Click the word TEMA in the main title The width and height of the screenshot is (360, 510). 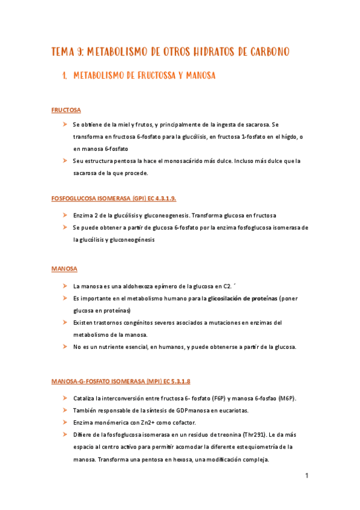(x=63, y=52)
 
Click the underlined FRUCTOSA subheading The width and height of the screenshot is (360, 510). (x=66, y=110)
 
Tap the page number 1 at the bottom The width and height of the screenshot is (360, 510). (x=306, y=476)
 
